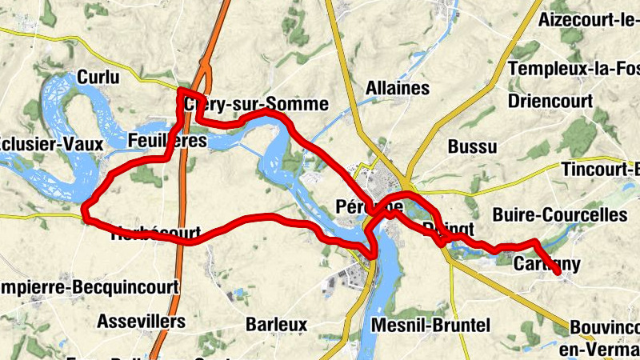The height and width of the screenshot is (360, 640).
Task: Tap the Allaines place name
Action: [x=397, y=88]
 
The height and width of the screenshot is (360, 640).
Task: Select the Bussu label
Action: [x=472, y=146]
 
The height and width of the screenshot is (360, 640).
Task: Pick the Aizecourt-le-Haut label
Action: [x=590, y=18]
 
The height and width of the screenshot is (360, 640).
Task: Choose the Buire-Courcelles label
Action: [x=560, y=214]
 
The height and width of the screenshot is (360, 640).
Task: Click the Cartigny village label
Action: [x=547, y=264]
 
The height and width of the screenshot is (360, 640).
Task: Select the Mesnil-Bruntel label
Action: [x=431, y=325]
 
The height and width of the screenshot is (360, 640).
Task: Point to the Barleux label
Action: [x=277, y=325]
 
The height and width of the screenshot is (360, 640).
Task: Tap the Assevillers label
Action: [x=141, y=322]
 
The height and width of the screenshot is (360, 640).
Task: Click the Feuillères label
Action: [x=167, y=142]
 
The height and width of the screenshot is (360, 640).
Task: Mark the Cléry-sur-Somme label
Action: [x=256, y=104]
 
